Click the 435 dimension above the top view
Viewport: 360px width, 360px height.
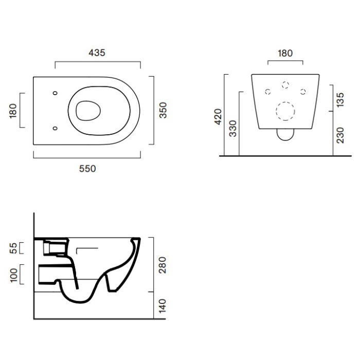pyautogui.click(x=97, y=53)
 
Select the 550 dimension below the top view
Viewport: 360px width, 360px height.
pyautogui.click(x=87, y=169)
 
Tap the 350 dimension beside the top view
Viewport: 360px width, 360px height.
pyautogui.click(x=163, y=110)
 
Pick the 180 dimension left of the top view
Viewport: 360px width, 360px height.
pyautogui.click(x=13, y=111)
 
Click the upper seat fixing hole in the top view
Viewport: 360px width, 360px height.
pyautogui.click(x=55, y=93)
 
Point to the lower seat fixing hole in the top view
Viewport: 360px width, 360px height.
pyautogui.click(x=55, y=128)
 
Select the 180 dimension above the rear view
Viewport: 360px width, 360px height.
pyautogui.click(x=285, y=53)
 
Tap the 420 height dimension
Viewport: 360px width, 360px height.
pyautogui.click(x=218, y=117)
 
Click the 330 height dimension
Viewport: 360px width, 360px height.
pyautogui.click(x=232, y=129)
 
